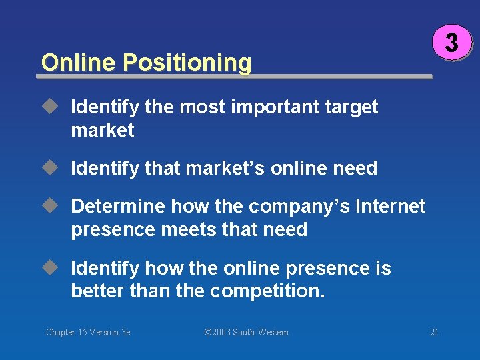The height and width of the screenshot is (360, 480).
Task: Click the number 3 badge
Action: [x=451, y=43]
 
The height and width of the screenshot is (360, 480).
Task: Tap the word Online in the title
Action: [x=79, y=63]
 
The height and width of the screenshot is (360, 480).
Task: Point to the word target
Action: [x=352, y=107]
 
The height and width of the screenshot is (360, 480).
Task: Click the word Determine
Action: [x=118, y=206]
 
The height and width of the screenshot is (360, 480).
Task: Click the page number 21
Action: [x=434, y=332]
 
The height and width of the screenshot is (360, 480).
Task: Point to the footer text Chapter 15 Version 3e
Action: [x=88, y=332]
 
